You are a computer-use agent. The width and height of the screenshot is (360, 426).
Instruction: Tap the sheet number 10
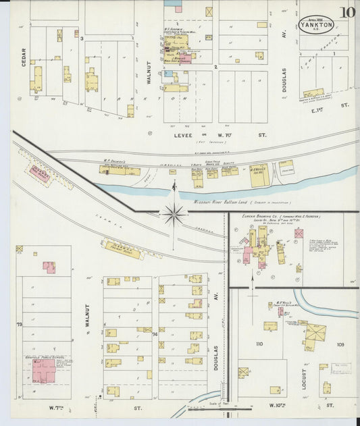coord(348,12)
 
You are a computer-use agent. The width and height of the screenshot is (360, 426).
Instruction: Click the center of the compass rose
coord(174,214)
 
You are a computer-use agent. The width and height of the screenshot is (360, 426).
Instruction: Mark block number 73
coord(19,325)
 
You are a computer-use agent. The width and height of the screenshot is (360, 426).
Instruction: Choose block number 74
coord(155,334)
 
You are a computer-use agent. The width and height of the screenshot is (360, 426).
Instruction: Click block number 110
coord(259,344)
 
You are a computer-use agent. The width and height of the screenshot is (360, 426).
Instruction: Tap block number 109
coord(340,344)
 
